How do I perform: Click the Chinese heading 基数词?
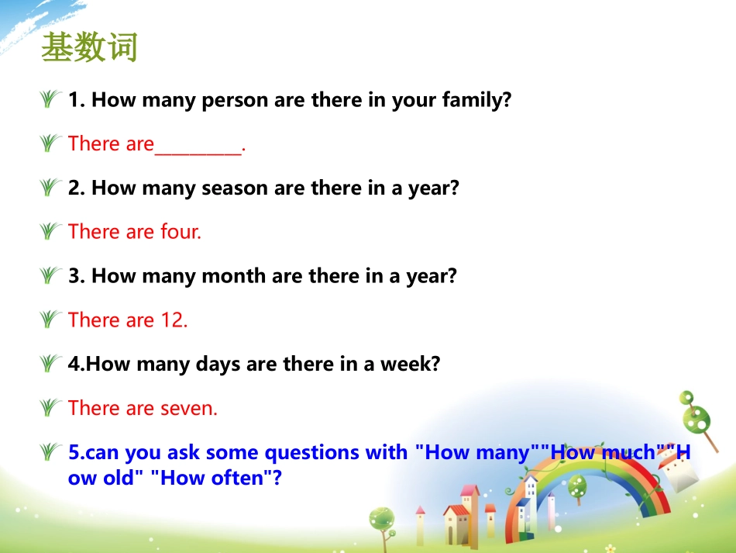coord(89,48)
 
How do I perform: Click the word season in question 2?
coord(236,188)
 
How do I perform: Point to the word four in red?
coord(181,232)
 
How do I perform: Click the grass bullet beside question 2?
coord(51,188)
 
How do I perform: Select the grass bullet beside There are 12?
coord(51,320)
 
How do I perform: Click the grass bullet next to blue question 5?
coord(51,451)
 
